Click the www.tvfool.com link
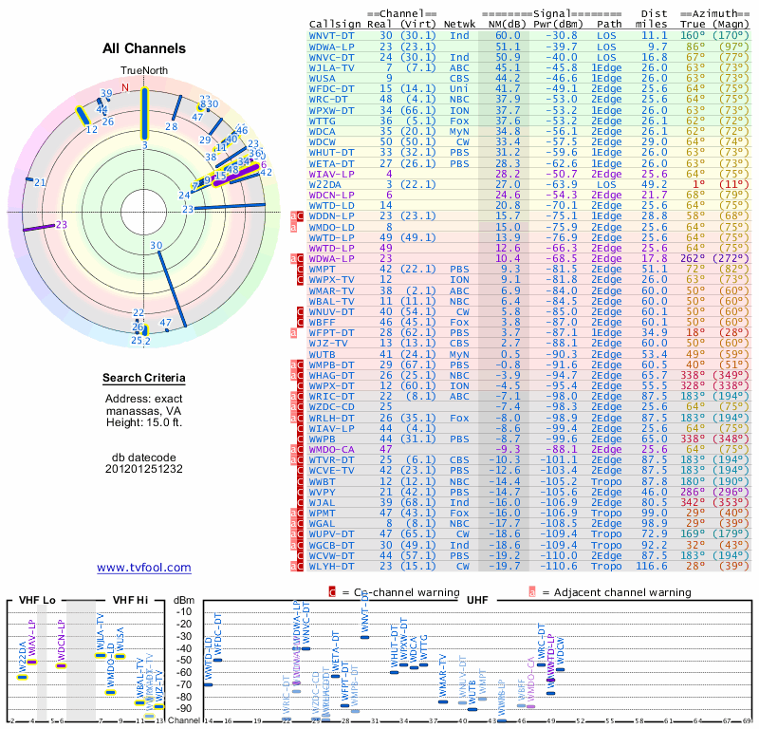[x=143, y=568]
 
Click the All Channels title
[x=143, y=48]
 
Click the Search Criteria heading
[x=143, y=379]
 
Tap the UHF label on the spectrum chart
[x=477, y=600]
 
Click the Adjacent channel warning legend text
[x=616, y=592]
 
